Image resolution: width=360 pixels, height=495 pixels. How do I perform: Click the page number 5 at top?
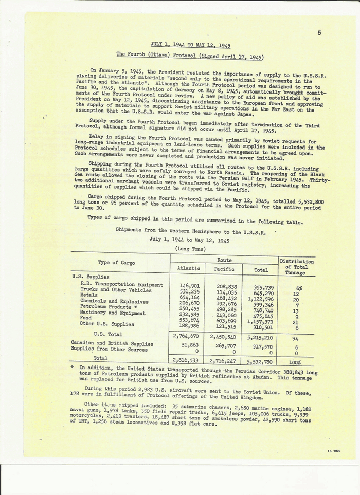319,33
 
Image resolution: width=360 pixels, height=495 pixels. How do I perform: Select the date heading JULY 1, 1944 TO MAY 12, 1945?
190,45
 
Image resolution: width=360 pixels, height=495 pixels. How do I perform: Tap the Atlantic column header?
188,268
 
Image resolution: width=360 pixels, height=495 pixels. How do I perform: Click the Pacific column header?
224,269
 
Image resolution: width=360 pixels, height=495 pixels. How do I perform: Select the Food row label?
86,318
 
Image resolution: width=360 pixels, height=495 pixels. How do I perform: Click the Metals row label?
89,295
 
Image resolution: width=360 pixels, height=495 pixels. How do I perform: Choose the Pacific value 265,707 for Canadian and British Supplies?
225,346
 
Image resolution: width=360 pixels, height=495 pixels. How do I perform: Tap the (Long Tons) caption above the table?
190,248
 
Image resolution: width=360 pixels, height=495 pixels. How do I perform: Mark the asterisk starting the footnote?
73,369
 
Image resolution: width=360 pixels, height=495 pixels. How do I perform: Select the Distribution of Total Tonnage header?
296,267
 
